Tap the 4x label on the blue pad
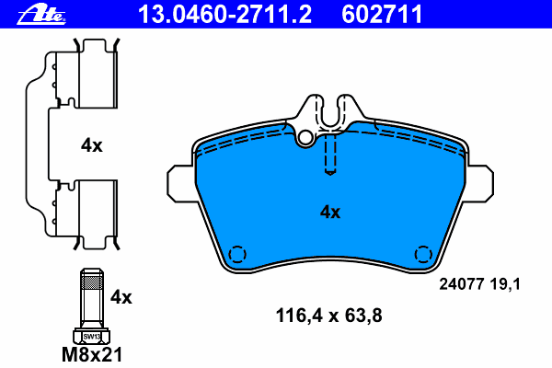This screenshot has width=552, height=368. click(x=329, y=213)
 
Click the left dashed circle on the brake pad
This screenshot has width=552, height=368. click(x=237, y=254)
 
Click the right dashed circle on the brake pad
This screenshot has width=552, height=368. click(x=423, y=254)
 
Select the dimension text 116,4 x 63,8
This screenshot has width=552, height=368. click(x=328, y=316)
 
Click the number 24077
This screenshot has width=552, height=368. click(x=457, y=285)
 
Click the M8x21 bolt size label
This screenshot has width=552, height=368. click(x=93, y=353)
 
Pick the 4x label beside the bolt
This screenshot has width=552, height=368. click(x=121, y=297)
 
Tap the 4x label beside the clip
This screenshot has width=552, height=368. click(x=91, y=145)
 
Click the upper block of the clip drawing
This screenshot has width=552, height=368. click(x=97, y=78)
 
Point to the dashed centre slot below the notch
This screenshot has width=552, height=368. click(x=330, y=152)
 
